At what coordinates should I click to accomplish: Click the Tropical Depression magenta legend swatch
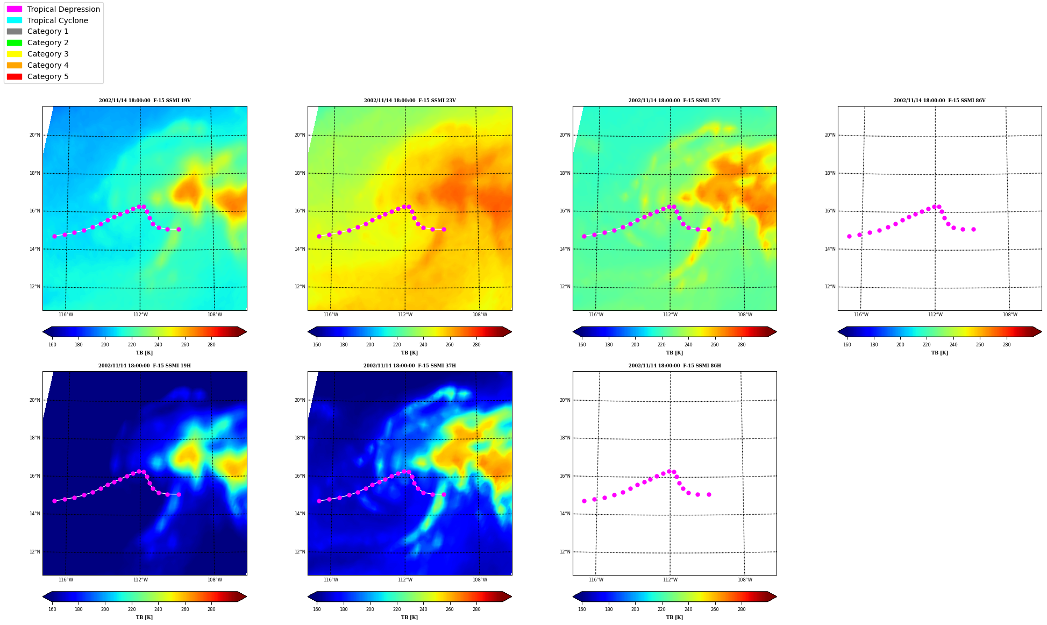15,9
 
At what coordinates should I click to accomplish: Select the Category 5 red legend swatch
15,76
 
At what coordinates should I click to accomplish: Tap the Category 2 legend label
48,42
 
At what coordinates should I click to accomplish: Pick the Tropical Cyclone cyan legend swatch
15,20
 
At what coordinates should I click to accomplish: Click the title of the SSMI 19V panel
145,101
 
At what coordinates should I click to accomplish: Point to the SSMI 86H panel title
675,366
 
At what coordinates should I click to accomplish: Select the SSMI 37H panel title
410,366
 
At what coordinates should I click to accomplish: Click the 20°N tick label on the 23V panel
300,135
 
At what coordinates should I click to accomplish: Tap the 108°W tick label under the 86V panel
1010,315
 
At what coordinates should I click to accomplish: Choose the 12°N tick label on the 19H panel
35,552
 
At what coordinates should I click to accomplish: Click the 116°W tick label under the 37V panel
596,315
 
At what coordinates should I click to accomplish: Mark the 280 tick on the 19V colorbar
211,345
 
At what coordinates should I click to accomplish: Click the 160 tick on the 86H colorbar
582,609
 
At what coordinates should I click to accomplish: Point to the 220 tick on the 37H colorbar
396,609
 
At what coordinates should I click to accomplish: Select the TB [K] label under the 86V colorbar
939,353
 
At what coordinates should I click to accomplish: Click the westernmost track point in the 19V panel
54,236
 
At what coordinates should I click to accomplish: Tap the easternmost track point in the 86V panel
973,229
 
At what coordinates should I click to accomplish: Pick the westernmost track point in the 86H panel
584,501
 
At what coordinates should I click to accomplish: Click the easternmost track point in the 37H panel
444,494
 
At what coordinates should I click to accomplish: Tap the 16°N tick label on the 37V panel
565,211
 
